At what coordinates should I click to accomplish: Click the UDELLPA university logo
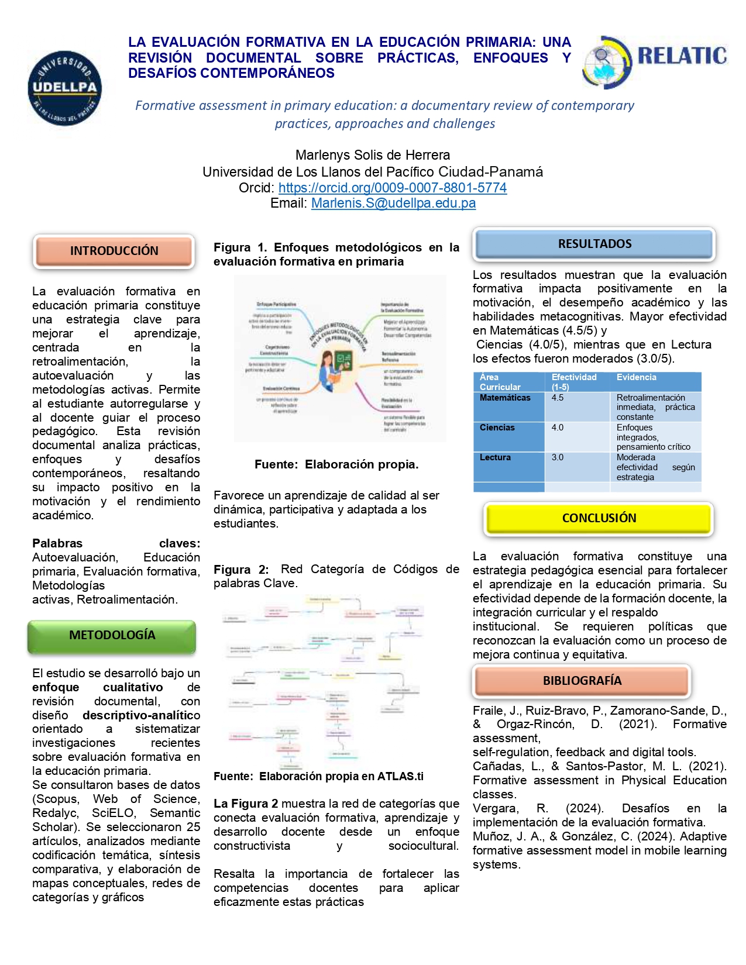[65, 88]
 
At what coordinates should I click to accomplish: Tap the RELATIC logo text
[682, 56]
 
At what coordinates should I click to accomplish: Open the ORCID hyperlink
[392, 188]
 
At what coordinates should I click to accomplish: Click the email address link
[393, 204]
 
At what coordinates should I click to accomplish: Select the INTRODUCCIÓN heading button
[114, 251]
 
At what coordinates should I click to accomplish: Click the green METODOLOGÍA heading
[112, 635]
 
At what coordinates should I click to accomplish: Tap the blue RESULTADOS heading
[594, 244]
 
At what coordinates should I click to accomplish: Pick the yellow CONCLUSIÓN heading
[599, 518]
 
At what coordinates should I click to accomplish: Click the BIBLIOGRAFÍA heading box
[582, 681]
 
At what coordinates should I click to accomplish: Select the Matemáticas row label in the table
[505, 398]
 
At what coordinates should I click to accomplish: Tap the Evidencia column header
[636, 378]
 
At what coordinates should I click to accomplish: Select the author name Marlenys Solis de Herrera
[373, 155]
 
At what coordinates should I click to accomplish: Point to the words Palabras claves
[116, 543]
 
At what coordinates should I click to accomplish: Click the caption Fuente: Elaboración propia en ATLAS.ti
[318, 776]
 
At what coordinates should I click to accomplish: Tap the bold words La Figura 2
[246, 804]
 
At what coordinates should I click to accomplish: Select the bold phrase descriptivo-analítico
[141, 715]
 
